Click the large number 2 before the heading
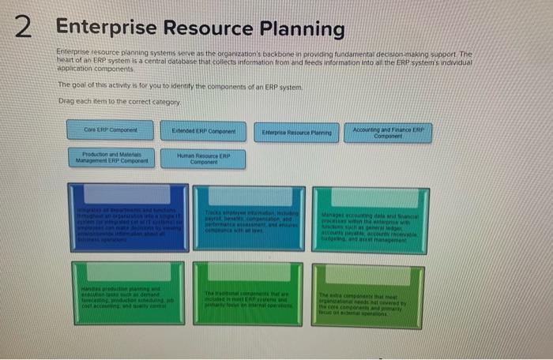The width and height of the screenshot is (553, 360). click(x=24, y=29)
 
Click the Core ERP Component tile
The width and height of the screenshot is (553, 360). click(x=111, y=129)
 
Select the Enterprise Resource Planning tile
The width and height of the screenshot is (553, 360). click(x=296, y=130)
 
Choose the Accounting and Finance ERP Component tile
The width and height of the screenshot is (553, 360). click(x=388, y=131)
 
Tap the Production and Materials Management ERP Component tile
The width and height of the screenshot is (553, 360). click(x=111, y=158)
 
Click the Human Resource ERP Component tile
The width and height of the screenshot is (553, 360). click(x=203, y=159)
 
